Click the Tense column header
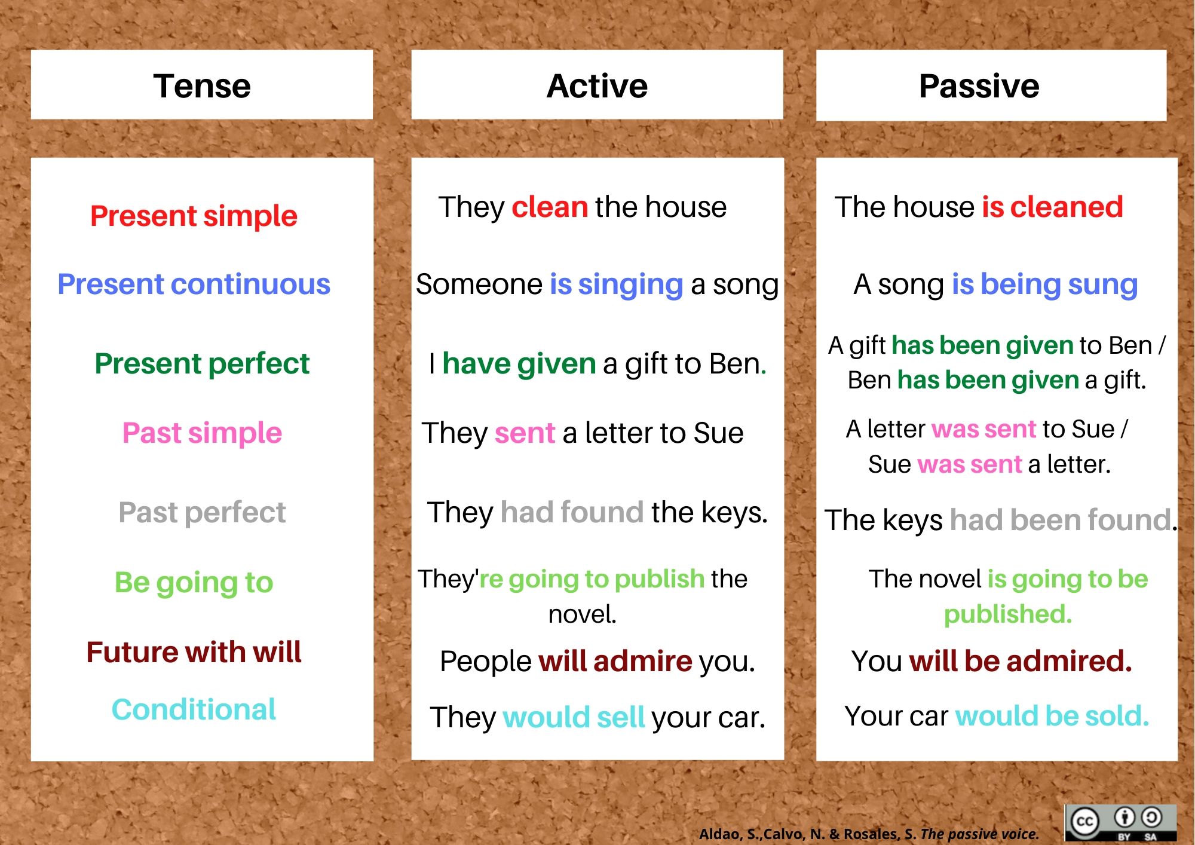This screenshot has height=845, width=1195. click(202, 86)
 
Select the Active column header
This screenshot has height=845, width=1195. click(597, 86)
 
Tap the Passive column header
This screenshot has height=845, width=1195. click(979, 86)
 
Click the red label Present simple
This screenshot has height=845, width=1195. click(194, 216)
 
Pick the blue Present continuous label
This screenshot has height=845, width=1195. click(194, 284)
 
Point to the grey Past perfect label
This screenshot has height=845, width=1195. click(202, 513)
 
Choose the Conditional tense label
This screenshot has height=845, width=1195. click(194, 709)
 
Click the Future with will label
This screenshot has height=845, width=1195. click(194, 652)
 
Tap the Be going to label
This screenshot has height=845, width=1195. click(194, 583)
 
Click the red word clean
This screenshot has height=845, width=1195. click(550, 207)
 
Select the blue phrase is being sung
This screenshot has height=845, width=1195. click(1044, 285)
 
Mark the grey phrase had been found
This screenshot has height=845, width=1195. click(1061, 520)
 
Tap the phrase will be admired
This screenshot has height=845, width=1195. click(1021, 661)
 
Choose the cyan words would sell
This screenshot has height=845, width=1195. click(574, 717)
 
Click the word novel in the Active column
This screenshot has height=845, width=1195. click(583, 614)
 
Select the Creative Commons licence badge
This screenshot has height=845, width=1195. click(1121, 822)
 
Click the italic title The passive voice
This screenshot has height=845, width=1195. click(980, 834)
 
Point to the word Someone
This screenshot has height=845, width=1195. click(479, 284)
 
